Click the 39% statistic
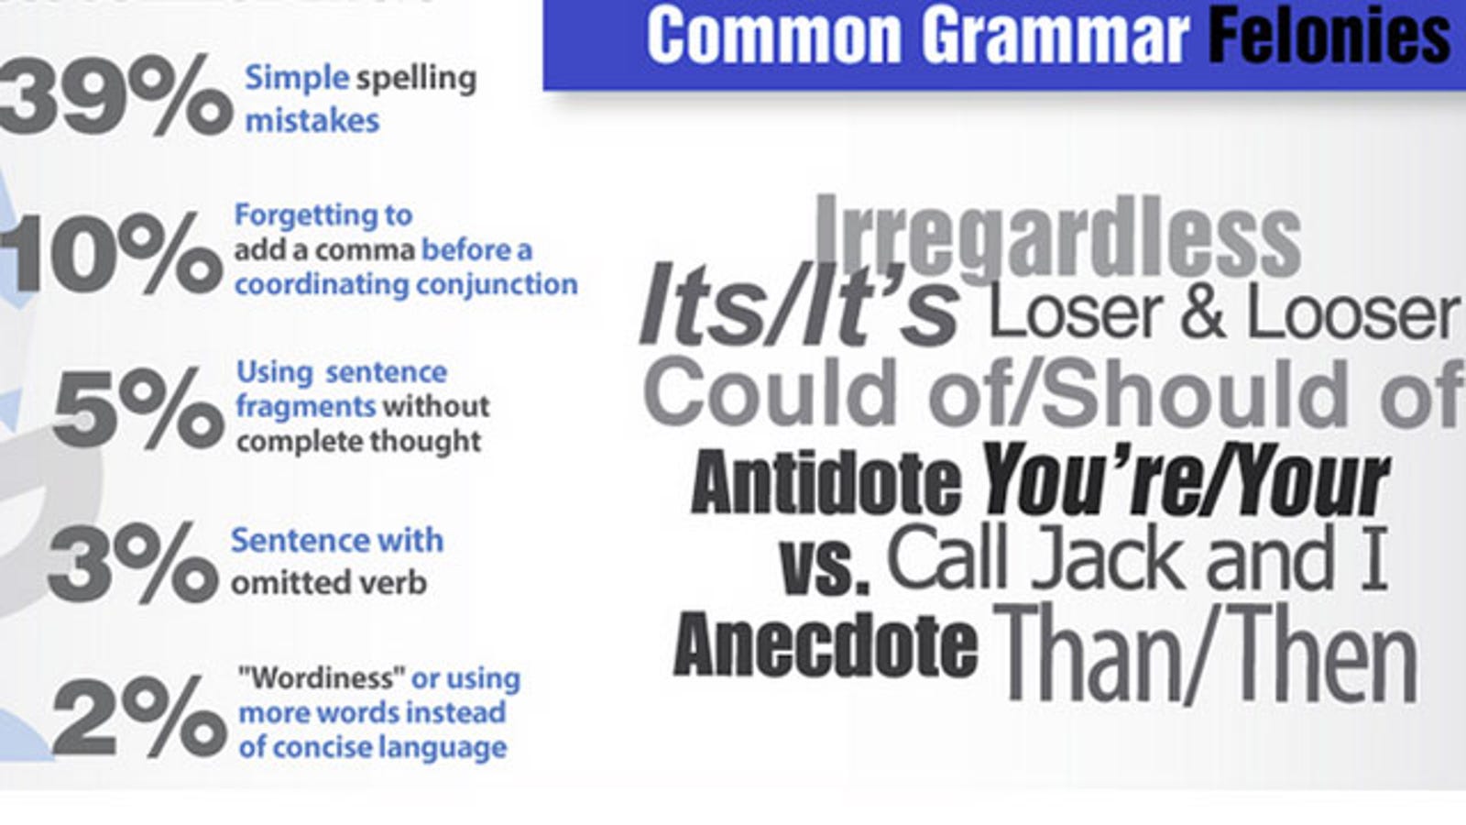(x=115, y=95)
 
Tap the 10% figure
(x=111, y=252)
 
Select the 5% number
(x=138, y=407)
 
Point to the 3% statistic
(x=133, y=562)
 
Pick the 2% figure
(x=139, y=716)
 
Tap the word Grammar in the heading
(x=1055, y=36)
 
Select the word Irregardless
(x=1057, y=237)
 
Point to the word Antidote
(x=826, y=482)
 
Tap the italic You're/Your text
(x=1185, y=478)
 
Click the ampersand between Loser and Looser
(x=1203, y=313)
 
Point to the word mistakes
(x=312, y=121)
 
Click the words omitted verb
(x=329, y=583)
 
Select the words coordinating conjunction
(x=407, y=285)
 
